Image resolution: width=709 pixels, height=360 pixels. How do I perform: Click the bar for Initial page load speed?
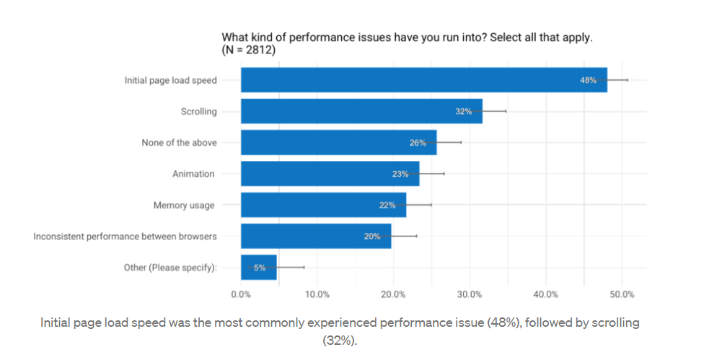(x=423, y=80)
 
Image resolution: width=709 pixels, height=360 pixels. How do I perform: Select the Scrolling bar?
(x=361, y=111)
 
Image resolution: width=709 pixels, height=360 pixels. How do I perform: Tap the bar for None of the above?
(x=338, y=143)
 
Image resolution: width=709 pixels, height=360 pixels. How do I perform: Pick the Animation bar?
(x=330, y=174)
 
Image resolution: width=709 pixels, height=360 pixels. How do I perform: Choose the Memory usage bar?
(x=323, y=205)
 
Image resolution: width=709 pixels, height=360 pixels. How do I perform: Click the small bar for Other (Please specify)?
(x=258, y=267)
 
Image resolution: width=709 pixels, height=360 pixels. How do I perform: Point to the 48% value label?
(x=588, y=80)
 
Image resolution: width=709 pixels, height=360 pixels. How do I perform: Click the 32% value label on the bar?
(x=463, y=111)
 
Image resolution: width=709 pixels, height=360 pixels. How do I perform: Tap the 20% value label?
(x=372, y=236)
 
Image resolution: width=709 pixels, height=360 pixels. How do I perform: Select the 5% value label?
(x=259, y=267)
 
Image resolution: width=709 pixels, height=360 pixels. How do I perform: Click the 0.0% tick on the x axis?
(x=241, y=294)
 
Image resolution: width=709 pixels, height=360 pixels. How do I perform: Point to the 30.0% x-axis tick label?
(x=470, y=294)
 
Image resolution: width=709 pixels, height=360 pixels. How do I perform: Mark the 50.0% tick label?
(x=622, y=294)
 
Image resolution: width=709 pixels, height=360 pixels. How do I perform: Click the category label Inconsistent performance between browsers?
(x=125, y=236)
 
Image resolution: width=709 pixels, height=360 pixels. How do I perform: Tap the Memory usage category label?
(x=183, y=205)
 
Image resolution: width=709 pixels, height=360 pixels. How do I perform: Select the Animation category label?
(x=193, y=174)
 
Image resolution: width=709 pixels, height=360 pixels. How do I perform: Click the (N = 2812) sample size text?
(x=249, y=51)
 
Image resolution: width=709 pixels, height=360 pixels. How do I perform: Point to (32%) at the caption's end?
(x=340, y=340)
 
